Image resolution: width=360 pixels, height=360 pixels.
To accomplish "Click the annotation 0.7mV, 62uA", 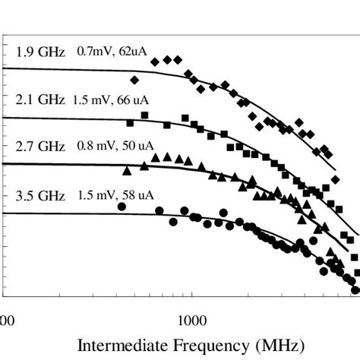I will tap(112, 52).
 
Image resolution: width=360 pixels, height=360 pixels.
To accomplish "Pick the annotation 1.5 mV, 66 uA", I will tap(112, 99).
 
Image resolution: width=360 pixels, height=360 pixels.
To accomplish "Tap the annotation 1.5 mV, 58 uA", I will tap(115, 194).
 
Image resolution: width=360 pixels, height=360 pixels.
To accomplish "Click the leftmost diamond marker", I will tap(135, 80).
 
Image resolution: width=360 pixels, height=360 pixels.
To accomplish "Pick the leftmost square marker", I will tap(130, 122).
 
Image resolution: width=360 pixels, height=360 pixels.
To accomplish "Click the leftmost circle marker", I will tap(122, 206).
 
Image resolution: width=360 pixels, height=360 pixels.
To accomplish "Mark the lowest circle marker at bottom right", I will tap(354, 289).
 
